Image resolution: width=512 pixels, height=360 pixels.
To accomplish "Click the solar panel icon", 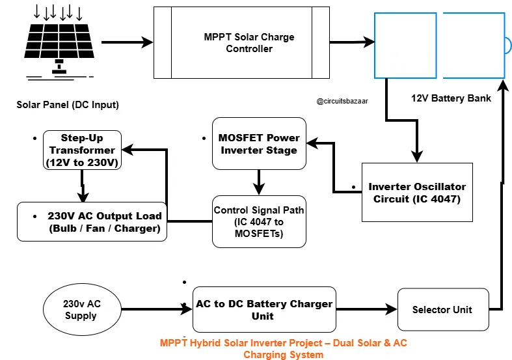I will (57, 42).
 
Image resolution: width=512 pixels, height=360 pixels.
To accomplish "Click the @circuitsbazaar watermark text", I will (342, 102).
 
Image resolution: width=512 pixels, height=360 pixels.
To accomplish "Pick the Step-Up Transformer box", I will (82, 150).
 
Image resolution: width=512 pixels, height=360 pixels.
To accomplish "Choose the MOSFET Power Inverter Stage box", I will (259, 144).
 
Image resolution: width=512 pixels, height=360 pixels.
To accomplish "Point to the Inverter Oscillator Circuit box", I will (417, 192).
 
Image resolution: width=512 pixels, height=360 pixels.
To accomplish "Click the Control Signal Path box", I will (259, 221).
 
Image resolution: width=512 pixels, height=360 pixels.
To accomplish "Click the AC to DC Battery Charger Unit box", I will (264, 310).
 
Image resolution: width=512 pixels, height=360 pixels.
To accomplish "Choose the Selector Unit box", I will (442, 309).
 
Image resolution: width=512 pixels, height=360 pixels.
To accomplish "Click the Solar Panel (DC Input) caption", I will (68, 105).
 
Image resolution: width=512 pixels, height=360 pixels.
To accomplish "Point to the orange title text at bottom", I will (283, 348).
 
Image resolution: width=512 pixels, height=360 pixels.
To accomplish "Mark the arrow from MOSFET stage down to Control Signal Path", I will (259, 182).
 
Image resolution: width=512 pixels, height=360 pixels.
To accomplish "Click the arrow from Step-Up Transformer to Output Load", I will (83, 186).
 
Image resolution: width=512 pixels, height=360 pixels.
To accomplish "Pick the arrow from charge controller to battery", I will (351, 43).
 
